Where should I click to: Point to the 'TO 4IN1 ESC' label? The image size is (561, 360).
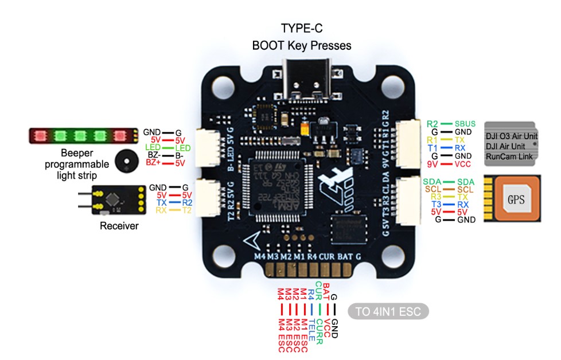392,312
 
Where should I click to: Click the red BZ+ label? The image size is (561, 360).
153,163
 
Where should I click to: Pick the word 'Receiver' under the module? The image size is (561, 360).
119,226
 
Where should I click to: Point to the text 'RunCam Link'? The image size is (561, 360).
508,156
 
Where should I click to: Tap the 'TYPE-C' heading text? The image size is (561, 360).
301,28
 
